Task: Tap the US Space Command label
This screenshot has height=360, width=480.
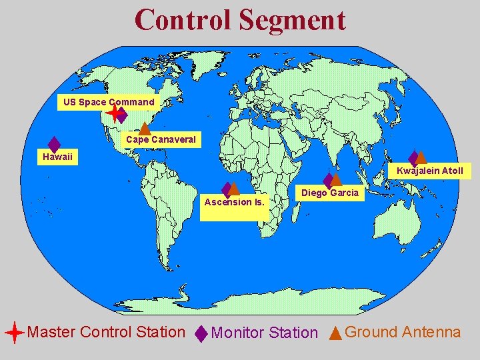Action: (x=108, y=102)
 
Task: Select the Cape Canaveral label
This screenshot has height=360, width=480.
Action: (x=161, y=139)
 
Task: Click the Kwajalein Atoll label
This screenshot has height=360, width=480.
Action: (x=429, y=171)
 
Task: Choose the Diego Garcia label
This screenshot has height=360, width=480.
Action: (x=330, y=193)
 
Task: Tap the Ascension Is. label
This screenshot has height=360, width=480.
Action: (x=234, y=201)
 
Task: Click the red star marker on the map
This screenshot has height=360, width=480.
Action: (x=114, y=114)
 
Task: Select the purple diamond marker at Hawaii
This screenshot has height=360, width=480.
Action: (x=54, y=145)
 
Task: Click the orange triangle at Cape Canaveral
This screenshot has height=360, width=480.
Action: (x=143, y=128)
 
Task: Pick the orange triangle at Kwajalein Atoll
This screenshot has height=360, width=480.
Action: (x=421, y=157)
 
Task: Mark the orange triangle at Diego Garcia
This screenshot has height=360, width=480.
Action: (x=336, y=179)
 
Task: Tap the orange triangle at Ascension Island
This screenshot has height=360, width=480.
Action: (x=234, y=189)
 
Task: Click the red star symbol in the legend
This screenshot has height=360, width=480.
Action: (x=14, y=332)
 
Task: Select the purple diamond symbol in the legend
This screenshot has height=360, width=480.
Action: (x=201, y=333)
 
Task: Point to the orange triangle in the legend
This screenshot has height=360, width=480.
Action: (x=335, y=332)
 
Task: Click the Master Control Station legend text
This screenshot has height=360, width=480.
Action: (x=106, y=331)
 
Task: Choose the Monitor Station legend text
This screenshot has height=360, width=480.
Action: (x=264, y=333)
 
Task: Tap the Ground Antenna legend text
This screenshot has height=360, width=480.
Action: (x=403, y=331)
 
